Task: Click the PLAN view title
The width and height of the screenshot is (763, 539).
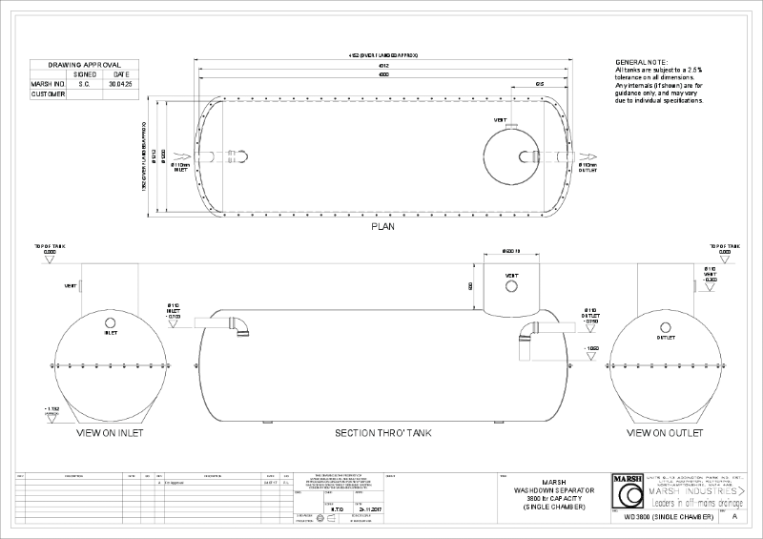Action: [382, 228]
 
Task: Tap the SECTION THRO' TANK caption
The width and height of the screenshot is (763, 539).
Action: [382, 432]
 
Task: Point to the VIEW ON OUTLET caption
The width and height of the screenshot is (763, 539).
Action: [664, 432]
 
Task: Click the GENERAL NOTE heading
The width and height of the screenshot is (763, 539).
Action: [643, 61]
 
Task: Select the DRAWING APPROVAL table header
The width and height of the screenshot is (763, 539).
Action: [84, 64]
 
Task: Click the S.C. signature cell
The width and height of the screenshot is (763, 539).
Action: [86, 84]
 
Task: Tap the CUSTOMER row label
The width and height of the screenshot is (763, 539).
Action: [48, 94]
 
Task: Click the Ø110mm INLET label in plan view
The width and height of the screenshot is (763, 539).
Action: [181, 168]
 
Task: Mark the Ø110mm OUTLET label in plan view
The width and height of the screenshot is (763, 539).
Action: [588, 168]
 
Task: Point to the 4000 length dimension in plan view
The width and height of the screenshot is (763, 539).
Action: [382, 73]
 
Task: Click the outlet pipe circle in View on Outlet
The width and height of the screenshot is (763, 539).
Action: [665, 322]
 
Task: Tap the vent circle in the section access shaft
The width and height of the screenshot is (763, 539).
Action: [511, 283]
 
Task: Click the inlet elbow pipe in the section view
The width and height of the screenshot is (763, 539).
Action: [238, 326]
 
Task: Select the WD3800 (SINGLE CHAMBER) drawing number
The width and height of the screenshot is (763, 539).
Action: [668, 516]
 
